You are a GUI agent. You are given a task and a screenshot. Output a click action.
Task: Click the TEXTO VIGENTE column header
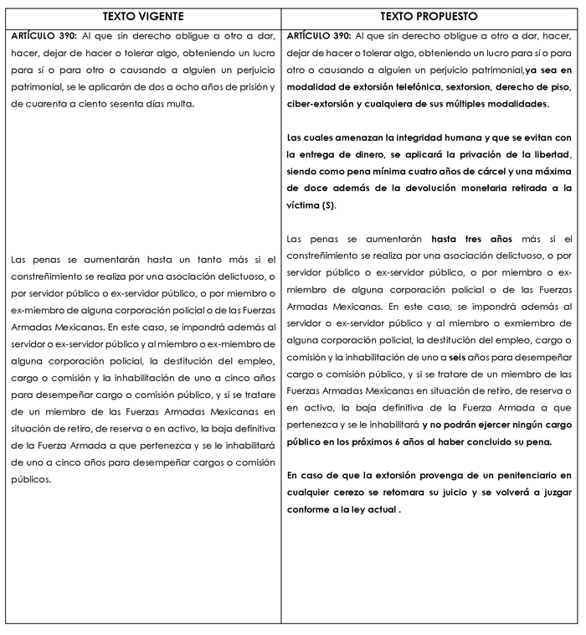143,16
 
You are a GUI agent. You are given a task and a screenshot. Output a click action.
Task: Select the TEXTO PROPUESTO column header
429,16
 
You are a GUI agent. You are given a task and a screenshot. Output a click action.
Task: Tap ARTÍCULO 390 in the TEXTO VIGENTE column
47,37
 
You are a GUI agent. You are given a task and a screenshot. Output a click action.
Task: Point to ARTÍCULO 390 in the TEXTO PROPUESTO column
319,37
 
